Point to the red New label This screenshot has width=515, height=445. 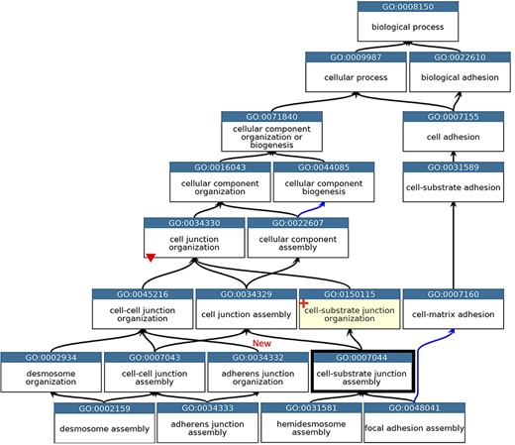pos(261,343)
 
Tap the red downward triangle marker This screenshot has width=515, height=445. pos(150,258)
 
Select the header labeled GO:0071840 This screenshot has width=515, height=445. pos(272,117)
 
